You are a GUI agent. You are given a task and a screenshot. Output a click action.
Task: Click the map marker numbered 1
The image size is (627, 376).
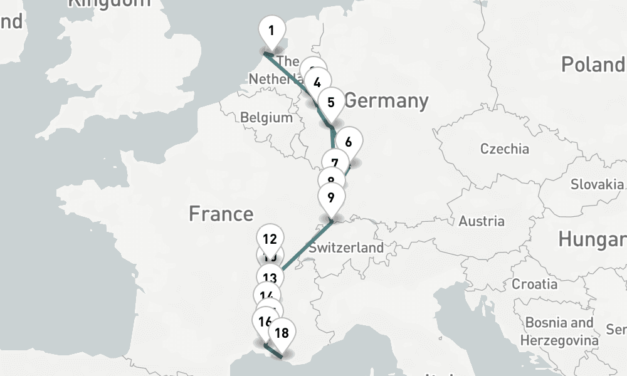tap(271, 31)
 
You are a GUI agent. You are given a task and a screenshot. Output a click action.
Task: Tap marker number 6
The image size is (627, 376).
tap(349, 142)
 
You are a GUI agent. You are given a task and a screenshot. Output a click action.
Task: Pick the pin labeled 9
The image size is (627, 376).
tap(331, 197)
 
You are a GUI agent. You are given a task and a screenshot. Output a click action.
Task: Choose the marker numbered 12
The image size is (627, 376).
tap(270, 238)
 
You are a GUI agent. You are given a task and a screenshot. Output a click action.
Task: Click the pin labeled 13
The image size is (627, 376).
tap(270, 278)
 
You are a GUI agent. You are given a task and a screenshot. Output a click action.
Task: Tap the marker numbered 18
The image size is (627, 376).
tap(282, 333)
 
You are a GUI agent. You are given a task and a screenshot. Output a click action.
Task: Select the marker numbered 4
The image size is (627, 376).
tap(317, 82)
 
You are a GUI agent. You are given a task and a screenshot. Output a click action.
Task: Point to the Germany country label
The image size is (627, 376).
tap(386, 100)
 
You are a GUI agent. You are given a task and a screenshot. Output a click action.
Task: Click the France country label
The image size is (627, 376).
tap(221, 214)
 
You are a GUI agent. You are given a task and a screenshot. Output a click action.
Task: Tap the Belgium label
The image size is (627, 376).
tap(266, 118)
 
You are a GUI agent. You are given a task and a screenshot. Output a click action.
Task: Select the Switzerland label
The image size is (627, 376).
tap(346, 248)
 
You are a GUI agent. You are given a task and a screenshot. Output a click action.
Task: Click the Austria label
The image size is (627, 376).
tap(482, 221)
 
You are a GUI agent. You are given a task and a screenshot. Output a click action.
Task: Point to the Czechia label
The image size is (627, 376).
tap(504, 149)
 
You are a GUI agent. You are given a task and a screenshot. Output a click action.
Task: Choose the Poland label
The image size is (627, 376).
tap(593, 65)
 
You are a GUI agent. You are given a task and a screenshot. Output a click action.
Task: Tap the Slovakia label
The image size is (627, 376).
tap(597, 185)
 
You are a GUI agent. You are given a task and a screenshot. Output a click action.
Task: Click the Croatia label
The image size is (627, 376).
tap(534, 284)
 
